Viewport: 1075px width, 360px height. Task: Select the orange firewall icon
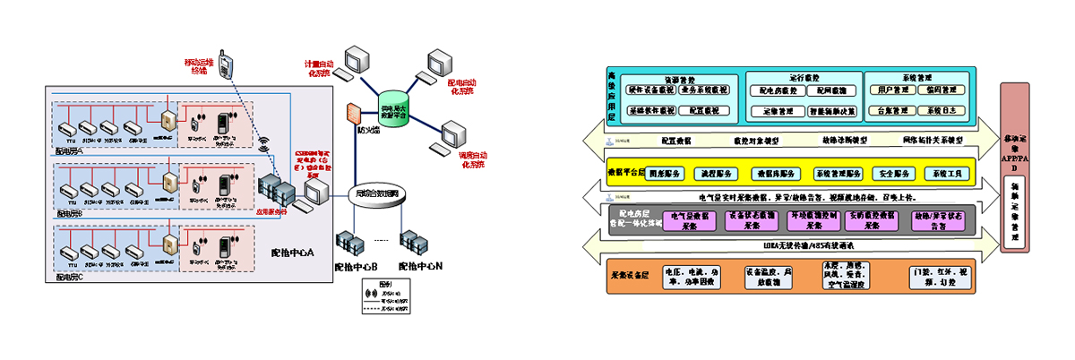352,114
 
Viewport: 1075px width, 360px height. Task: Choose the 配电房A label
69,150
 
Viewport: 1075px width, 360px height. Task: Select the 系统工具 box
947,173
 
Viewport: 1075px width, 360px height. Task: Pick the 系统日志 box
942,111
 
